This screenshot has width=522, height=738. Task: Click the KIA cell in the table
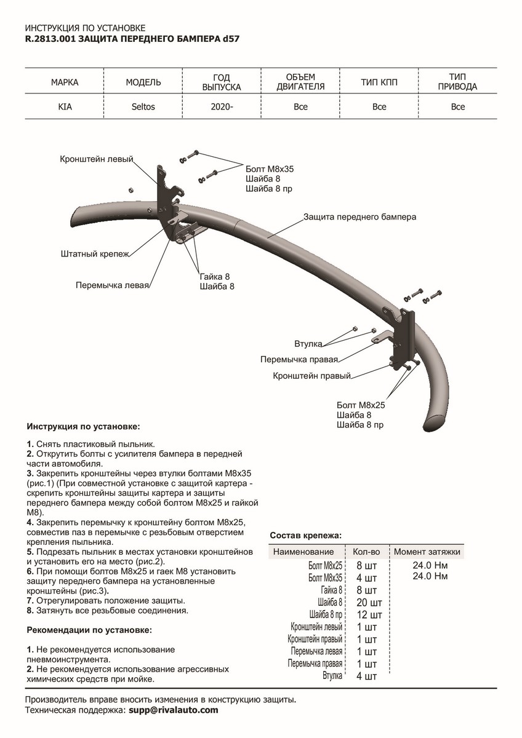(x=65, y=107)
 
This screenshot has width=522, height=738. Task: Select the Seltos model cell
(x=143, y=107)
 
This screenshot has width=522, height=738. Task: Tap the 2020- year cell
(x=222, y=107)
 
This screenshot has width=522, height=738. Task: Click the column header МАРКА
(x=65, y=82)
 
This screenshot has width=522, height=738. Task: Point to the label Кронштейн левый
(x=97, y=159)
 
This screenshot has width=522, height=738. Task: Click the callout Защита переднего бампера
(x=359, y=217)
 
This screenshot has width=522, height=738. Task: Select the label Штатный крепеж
(x=95, y=253)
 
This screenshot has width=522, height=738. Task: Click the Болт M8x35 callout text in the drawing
(x=268, y=168)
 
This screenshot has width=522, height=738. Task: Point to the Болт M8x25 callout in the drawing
(x=361, y=405)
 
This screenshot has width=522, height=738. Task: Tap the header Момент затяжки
(x=427, y=552)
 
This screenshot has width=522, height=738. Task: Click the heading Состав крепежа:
(x=306, y=536)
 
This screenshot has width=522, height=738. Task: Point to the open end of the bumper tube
(x=436, y=423)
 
